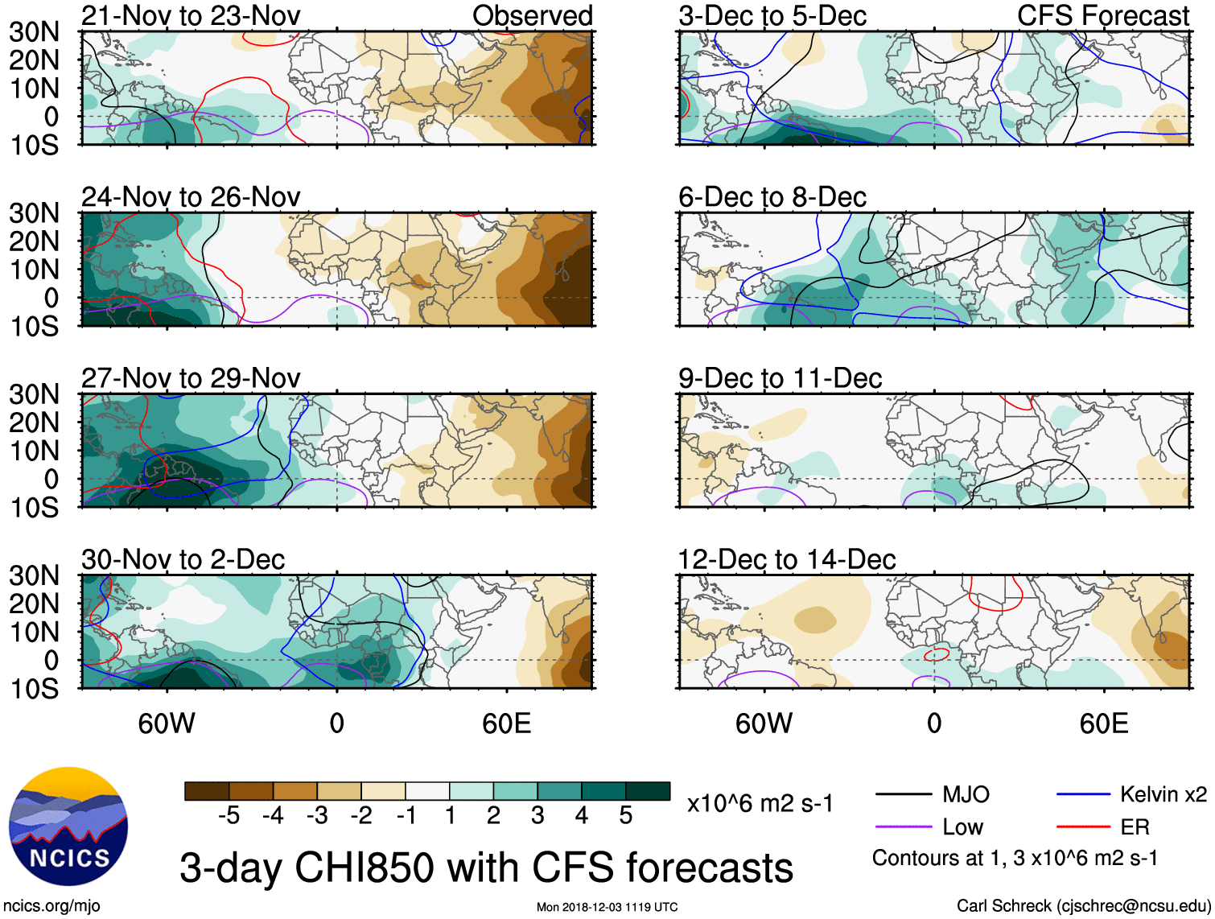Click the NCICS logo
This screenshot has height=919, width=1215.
tap(68, 826)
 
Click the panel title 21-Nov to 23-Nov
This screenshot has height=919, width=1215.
tap(191, 15)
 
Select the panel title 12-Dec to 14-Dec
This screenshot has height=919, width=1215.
tap(786, 559)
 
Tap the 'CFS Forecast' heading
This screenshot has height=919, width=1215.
tap(1102, 15)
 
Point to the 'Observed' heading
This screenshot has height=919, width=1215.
tap(532, 15)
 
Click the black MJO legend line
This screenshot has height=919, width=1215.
tap(903, 795)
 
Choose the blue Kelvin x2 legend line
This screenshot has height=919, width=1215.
tap(1083, 795)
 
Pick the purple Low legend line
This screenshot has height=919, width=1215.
tap(903, 827)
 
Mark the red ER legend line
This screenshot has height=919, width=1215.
tap(1083, 827)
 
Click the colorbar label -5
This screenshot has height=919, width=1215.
tap(229, 816)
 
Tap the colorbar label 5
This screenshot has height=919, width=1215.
tap(626, 816)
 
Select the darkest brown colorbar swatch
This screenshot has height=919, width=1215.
tap(207, 791)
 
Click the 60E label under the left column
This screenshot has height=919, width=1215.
tap(507, 723)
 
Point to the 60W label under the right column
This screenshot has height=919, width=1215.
tap(764, 723)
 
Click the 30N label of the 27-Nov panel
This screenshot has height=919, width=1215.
tap(34, 394)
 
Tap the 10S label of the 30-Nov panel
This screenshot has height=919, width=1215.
tap(34, 689)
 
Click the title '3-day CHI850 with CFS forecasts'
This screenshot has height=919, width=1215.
tap(486, 867)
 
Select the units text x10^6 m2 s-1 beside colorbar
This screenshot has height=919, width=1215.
tap(760, 803)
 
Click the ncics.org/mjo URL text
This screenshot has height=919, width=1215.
tap(51, 906)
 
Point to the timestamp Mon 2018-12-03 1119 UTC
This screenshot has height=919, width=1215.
tap(607, 907)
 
